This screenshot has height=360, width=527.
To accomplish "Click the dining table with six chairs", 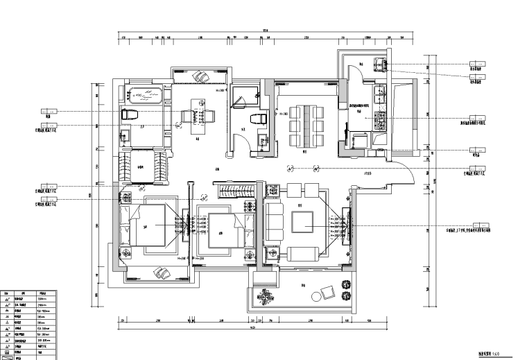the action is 306,126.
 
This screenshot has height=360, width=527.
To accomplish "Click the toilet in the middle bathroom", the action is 261,119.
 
